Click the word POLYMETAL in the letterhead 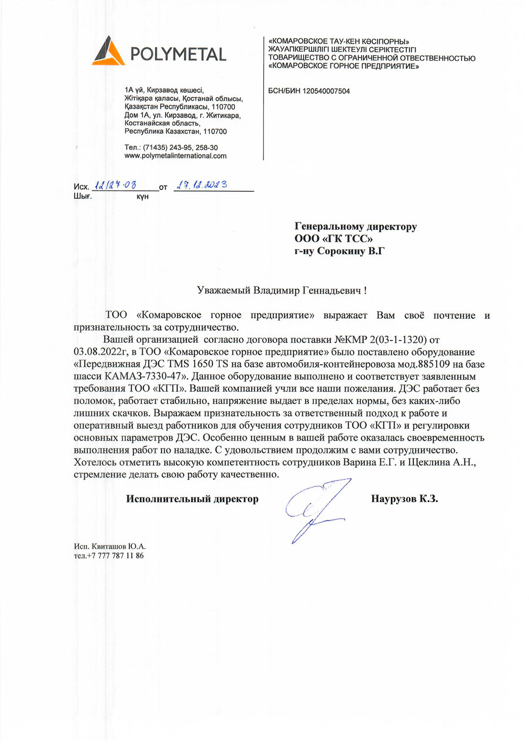point(179,55)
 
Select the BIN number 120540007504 point(325,91)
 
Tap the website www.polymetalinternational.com point(176,156)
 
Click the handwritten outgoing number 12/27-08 point(115,185)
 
